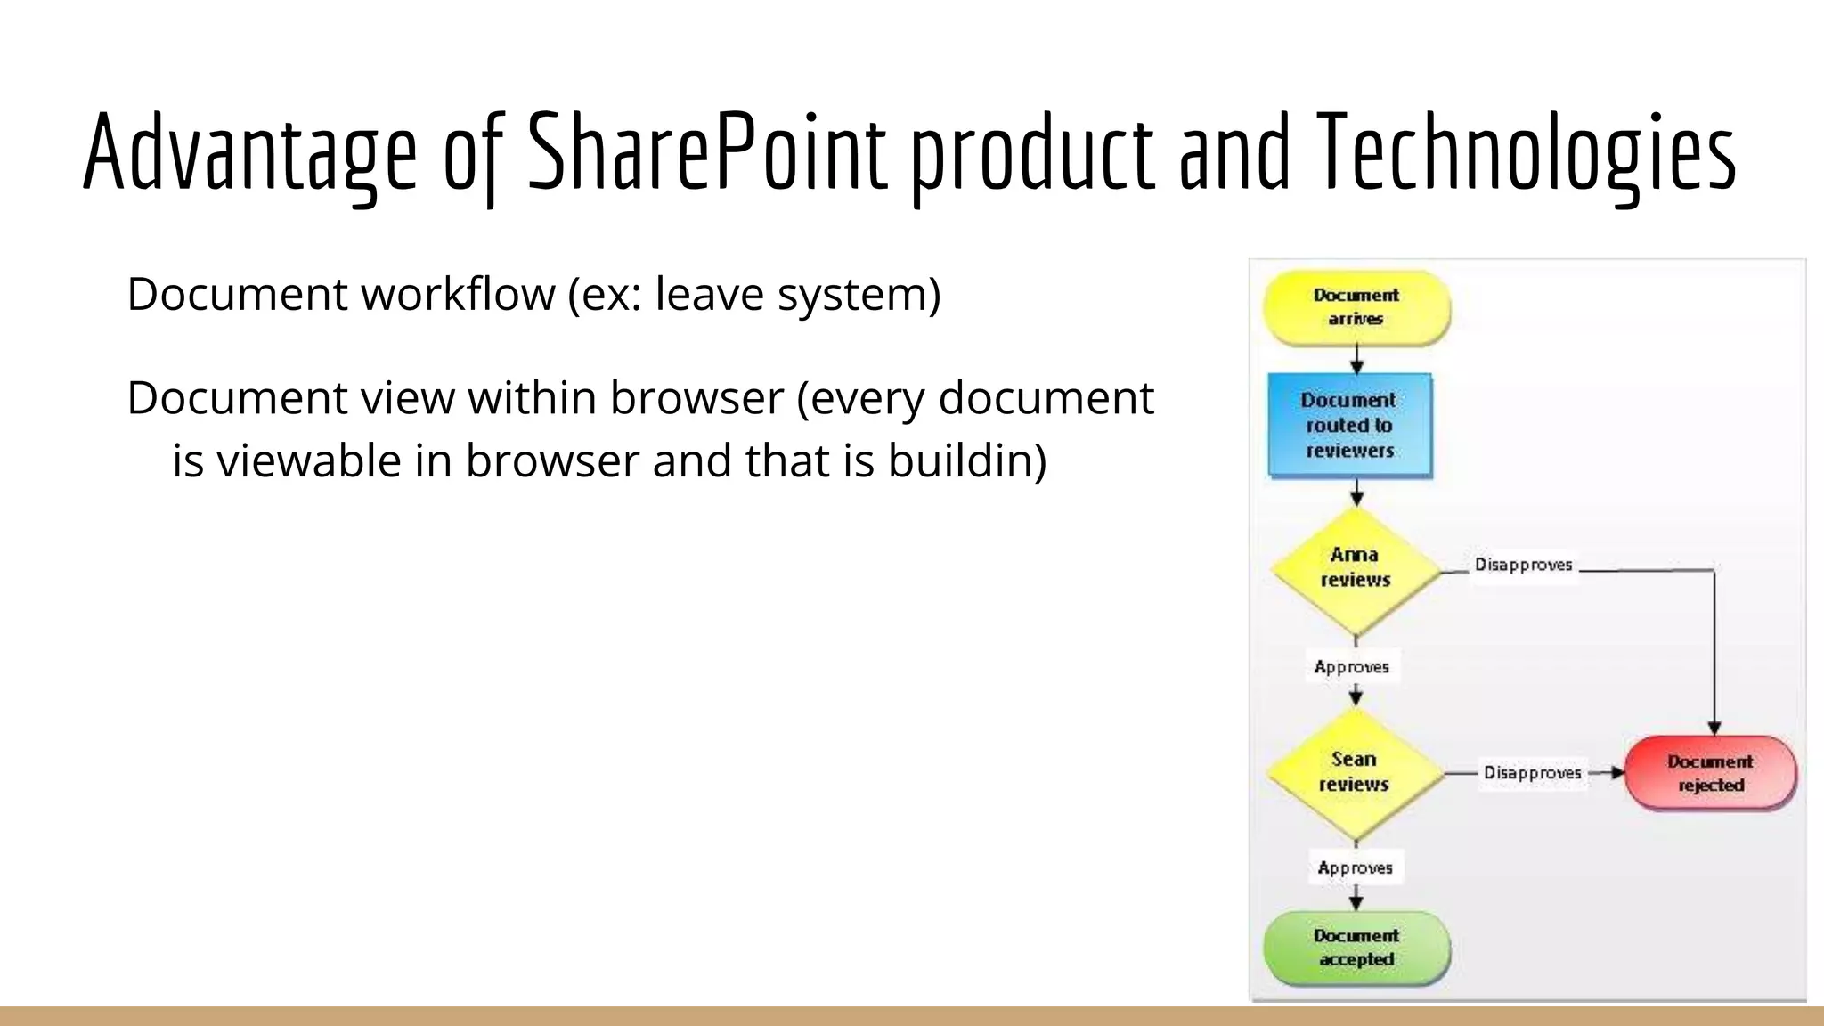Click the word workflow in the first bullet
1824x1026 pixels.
point(458,294)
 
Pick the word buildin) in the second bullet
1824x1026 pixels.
point(967,460)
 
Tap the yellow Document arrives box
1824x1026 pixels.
point(1356,307)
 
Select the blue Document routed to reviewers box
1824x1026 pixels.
point(1349,425)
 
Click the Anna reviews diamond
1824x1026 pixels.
point(1355,568)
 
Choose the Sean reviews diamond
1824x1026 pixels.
point(1354,772)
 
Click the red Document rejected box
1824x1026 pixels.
point(1710,773)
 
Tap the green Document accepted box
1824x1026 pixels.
point(1356,948)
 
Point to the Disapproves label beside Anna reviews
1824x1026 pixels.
point(1523,565)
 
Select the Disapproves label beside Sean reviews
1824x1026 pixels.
point(1532,772)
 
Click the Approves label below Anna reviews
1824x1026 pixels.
point(1351,667)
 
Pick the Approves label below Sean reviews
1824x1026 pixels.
point(1355,867)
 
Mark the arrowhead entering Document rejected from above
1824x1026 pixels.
point(1714,728)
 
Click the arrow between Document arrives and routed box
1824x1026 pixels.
point(1356,360)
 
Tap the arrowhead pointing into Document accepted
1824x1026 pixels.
point(1356,902)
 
